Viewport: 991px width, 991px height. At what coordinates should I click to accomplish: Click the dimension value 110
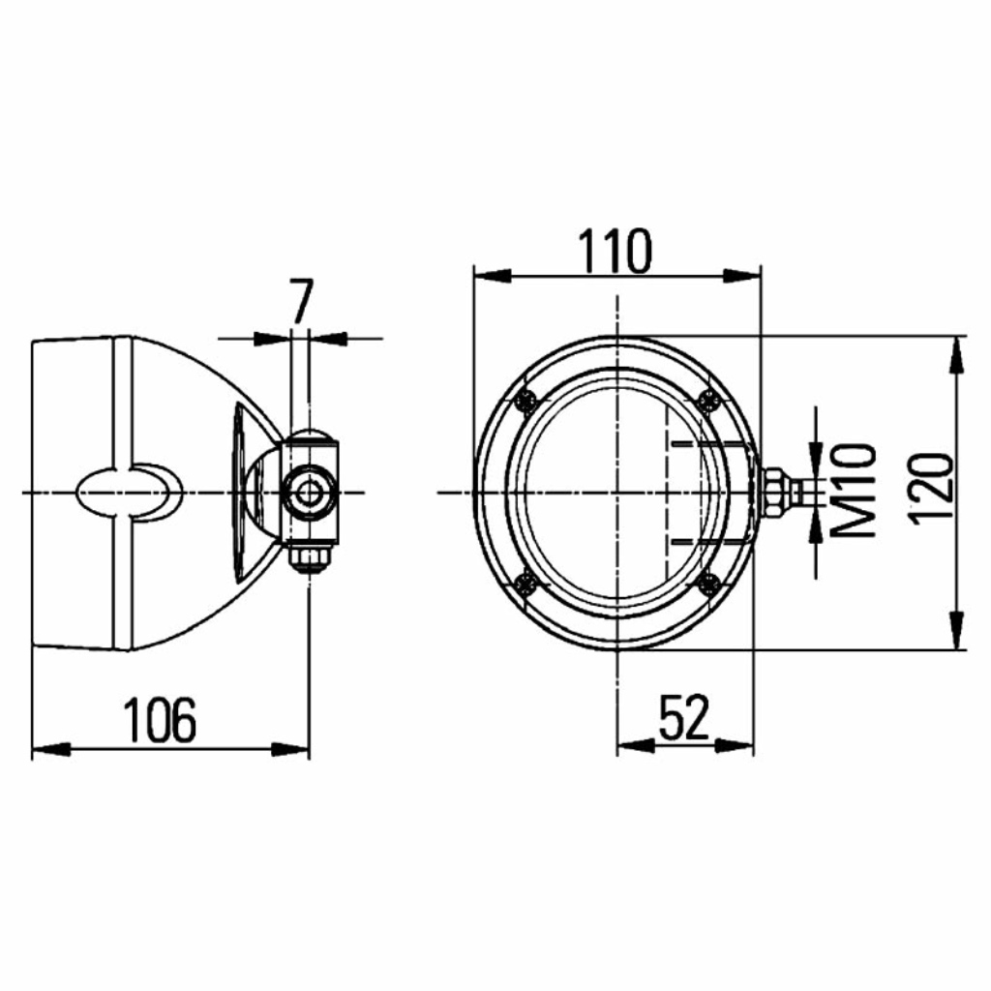tap(615, 251)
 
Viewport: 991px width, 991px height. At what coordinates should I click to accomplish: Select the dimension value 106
tap(160, 720)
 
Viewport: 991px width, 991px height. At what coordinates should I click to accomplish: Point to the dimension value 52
tap(684, 717)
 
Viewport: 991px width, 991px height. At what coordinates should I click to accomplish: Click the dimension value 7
tap(301, 301)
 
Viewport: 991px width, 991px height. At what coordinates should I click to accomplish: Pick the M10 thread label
tap(855, 490)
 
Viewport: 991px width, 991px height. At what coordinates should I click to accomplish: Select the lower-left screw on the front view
tap(526, 584)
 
